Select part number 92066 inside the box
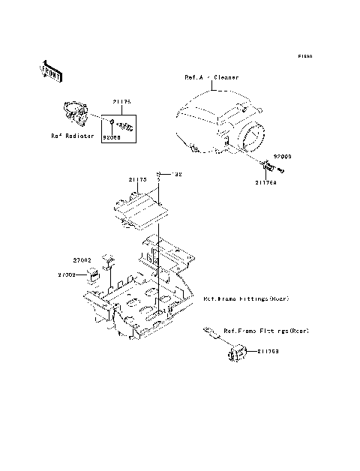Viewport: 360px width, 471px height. [110, 137]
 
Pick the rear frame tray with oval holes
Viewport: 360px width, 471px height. [142, 296]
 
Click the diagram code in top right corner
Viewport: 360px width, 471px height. [304, 56]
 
